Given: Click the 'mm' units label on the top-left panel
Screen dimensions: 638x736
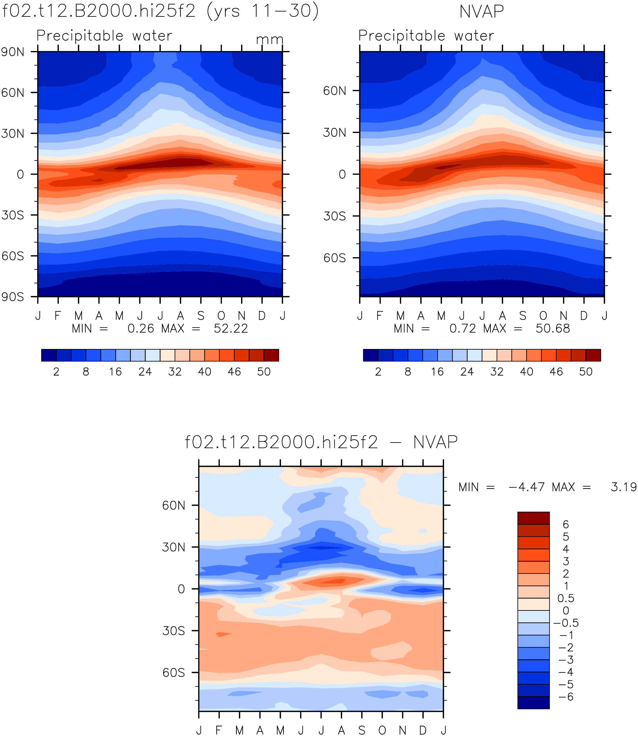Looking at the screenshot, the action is pyautogui.click(x=269, y=39).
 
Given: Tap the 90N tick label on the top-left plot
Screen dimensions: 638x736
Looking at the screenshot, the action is pyautogui.click(x=13, y=52).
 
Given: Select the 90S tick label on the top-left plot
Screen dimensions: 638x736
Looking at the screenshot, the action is pyautogui.click(x=13, y=297).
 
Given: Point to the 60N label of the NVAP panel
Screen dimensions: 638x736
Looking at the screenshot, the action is pyautogui.click(x=335, y=91).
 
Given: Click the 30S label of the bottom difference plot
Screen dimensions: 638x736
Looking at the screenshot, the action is pyautogui.click(x=174, y=631).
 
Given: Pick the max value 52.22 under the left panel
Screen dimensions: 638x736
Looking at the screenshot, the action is pyautogui.click(x=231, y=328).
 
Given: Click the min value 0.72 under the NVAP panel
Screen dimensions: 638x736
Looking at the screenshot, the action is pyautogui.click(x=463, y=328).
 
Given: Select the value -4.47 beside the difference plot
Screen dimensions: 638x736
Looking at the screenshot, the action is pyautogui.click(x=527, y=487).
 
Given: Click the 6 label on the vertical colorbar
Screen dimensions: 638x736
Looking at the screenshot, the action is pyautogui.click(x=566, y=524).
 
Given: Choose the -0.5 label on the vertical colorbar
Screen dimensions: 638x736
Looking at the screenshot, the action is pyautogui.click(x=566, y=623).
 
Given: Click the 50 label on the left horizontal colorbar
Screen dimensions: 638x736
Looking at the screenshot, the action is pyautogui.click(x=264, y=372).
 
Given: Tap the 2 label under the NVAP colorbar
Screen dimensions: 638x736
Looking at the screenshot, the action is pyautogui.click(x=378, y=372).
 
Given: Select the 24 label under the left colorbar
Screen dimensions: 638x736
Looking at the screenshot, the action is pyautogui.click(x=145, y=372).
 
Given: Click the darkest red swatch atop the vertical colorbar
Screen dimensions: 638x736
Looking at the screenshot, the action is pyautogui.click(x=533, y=518).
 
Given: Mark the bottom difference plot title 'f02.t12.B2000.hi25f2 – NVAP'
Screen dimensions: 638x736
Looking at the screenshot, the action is pyautogui.click(x=321, y=442).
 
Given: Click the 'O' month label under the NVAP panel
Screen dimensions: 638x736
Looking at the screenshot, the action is pyautogui.click(x=543, y=315).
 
